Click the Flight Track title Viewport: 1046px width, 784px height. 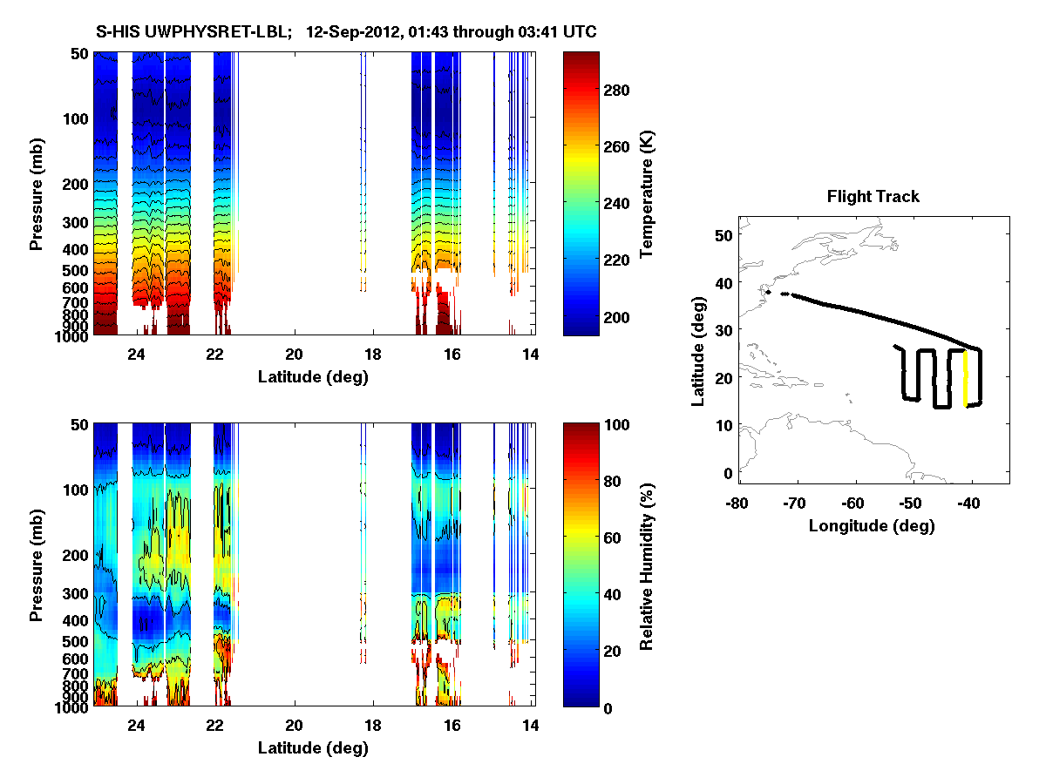click(x=873, y=197)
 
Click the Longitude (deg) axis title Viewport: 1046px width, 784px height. click(x=872, y=525)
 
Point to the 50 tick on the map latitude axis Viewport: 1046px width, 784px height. click(x=723, y=235)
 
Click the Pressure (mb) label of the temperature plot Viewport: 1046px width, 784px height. click(x=37, y=193)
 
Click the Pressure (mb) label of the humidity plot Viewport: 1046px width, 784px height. click(x=37, y=564)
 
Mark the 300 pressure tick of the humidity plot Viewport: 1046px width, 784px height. click(x=76, y=594)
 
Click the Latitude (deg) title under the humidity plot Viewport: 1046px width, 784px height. click(x=312, y=747)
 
